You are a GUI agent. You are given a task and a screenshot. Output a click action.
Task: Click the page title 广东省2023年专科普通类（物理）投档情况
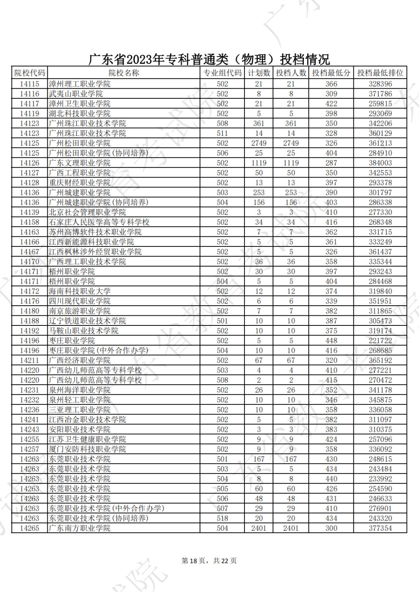(209, 59)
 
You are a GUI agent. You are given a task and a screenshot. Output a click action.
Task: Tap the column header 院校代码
(29, 73)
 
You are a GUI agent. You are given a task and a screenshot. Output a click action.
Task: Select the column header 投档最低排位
(380, 73)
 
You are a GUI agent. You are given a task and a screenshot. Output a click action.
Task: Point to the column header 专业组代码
(222, 73)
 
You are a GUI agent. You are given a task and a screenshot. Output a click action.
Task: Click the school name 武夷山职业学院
(76, 94)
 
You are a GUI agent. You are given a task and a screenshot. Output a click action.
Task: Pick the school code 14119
(29, 114)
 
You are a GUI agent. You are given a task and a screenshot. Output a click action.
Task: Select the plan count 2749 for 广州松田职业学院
(259, 143)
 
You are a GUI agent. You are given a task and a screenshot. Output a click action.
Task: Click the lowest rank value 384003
(380, 163)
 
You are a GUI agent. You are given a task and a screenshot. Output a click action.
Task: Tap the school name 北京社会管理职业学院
(88, 212)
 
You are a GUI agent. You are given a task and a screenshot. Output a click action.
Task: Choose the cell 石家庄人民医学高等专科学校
(99, 222)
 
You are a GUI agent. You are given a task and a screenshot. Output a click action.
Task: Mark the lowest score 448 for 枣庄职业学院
(331, 341)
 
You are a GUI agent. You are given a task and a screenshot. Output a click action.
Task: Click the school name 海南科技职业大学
(80, 291)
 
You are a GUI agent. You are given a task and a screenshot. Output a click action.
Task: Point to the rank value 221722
(380, 341)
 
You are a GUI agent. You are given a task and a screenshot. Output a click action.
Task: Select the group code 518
(222, 518)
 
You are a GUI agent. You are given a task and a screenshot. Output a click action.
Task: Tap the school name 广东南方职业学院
(80, 528)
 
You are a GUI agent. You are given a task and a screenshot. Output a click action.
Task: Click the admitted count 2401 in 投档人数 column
(291, 528)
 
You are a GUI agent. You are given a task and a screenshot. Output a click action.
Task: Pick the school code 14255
(29, 439)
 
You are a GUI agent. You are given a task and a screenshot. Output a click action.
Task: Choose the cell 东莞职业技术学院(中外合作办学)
(107, 508)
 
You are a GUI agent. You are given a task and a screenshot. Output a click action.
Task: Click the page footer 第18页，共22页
(209, 561)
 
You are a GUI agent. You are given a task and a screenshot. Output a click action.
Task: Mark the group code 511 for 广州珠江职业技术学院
(222, 133)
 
